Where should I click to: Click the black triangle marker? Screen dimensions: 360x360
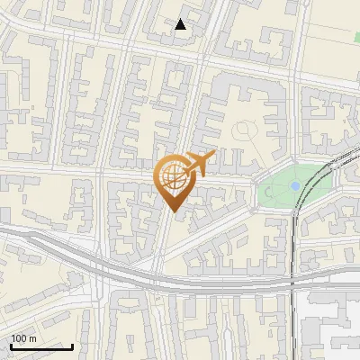pos(181,24)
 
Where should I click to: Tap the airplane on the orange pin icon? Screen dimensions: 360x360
pos(197,165)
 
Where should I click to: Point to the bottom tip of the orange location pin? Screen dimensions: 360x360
pos(174,211)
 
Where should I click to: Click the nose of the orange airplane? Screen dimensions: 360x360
pos(213,155)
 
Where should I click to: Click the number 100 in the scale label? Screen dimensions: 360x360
pos(18,338)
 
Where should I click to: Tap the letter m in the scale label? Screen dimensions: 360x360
pos(32,338)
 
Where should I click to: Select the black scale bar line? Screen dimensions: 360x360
pos(41,346)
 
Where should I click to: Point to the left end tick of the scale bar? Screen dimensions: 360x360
pos(11,345)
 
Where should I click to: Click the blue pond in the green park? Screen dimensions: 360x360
pos(294,185)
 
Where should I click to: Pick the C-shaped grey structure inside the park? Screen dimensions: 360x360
pos(268,190)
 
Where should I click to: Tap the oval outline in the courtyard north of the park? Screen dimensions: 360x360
pos(243,131)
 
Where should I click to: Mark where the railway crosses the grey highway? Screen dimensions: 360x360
pos(294,281)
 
